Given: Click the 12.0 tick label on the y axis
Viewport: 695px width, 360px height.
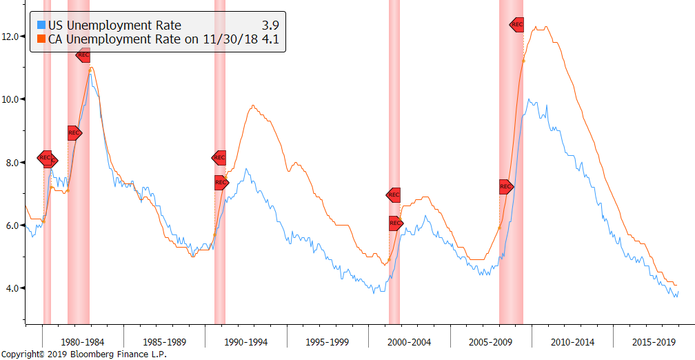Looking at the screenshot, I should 12,35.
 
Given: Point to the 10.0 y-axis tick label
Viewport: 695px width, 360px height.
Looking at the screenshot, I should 12,99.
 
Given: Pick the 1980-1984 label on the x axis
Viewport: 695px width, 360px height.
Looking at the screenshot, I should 83,342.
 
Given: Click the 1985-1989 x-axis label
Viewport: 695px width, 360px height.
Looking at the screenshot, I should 164,342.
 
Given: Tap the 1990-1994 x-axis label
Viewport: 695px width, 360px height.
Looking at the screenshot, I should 246,342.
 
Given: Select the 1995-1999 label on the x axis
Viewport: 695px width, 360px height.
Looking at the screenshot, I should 328,342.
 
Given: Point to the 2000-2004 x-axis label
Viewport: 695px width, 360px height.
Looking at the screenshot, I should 410,342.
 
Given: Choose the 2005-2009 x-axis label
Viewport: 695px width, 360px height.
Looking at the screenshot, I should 491,342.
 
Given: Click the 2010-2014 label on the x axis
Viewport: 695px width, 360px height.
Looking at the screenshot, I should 572,342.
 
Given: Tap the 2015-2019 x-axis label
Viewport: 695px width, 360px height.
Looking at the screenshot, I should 654,342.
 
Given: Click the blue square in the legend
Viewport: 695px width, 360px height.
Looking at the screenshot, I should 41,26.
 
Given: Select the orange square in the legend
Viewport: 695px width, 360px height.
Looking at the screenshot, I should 41,39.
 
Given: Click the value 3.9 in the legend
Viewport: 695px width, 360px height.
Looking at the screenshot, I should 272,26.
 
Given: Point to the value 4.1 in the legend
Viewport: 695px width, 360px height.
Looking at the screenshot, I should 272,39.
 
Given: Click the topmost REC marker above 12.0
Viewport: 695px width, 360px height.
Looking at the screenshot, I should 516,25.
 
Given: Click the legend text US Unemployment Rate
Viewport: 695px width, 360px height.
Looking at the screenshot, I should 114,26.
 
